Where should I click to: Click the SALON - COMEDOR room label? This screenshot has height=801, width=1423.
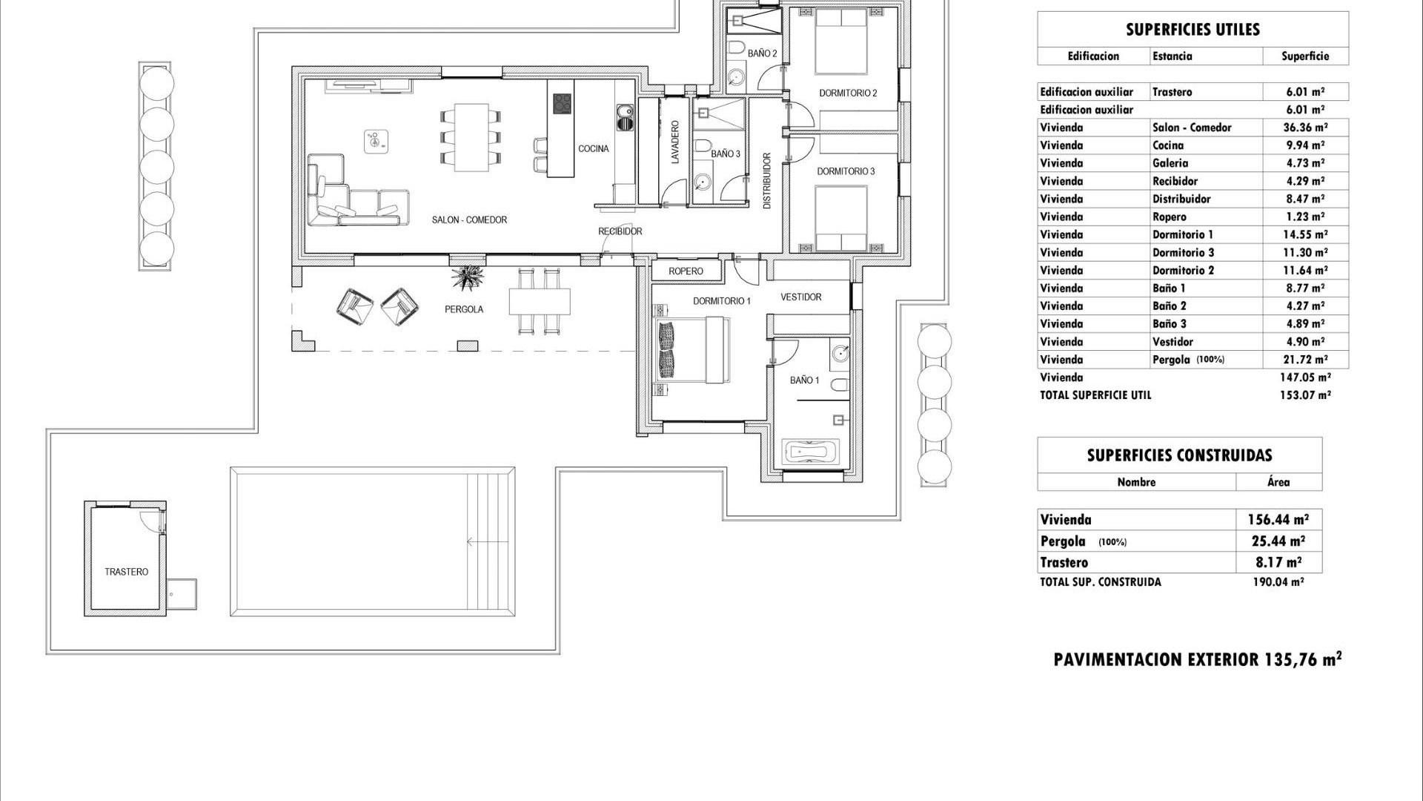pyautogui.click(x=469, y=220)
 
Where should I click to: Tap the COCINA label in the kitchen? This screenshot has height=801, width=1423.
pyautogui.click(x=593, y=149)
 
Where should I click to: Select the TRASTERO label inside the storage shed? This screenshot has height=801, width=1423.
pyautogui.click(x=126, y=572)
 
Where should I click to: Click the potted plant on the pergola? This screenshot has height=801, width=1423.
pyautogui.click(x=468, y=278)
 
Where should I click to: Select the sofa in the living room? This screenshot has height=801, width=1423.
pyautogui.click(x=356, y=197)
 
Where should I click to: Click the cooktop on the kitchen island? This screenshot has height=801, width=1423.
pyautogui.click(x=562, y=103)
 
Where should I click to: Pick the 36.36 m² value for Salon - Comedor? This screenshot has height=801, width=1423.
pyautogui.click(x=1304, y=128)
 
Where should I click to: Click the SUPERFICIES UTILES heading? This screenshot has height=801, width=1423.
pyautogui.click(x=1192, y=30)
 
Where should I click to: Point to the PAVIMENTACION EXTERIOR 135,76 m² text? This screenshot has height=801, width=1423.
pyautogui.click(x=1197, y=659)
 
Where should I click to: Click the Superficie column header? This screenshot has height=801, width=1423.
pyautogui.click(x=1304, y=56)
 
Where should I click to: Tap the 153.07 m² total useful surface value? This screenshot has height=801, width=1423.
pyautogui.click(x=1304, y=395)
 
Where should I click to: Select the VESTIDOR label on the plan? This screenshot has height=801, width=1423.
pyautogui.click(x=800, y=297)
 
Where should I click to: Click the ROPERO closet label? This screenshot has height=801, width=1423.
pyautogui.click(x=686, y=271)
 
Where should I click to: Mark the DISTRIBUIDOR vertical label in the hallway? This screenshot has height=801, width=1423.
pyautogui.click(x=767, y=182)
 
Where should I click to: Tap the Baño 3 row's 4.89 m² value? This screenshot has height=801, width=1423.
pyautogui.click(x=1304, y=324)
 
